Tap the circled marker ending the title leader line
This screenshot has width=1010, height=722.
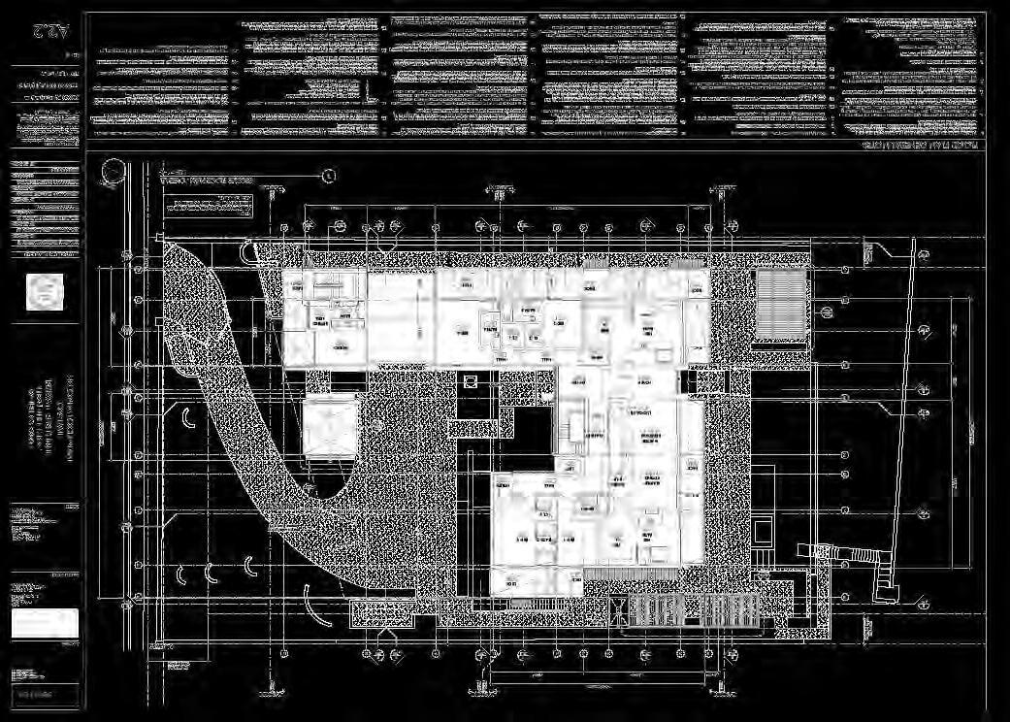coord(329,176)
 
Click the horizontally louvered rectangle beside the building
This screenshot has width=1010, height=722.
coord(782,304)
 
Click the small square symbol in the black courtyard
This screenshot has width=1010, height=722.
coord(472,381)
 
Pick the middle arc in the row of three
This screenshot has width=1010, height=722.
coord(211,573)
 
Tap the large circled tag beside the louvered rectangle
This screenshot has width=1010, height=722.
coord(826,312)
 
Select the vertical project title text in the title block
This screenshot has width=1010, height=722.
coord(44,427)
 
